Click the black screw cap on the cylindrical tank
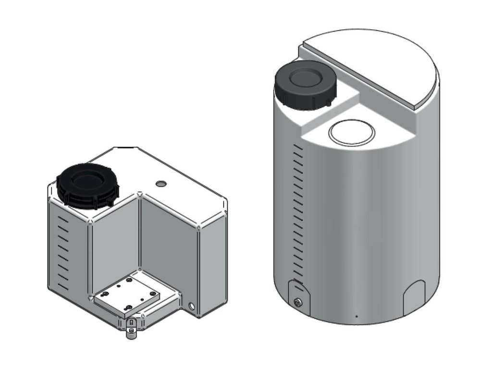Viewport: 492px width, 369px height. pyautogui.click(x=304, y=86)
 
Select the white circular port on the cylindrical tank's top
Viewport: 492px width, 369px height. pyautogui.click(x=351, y=132)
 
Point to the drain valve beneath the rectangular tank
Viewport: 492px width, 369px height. pyautogui.click(x=130, y=330)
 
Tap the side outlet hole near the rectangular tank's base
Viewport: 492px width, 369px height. pyautogui.click(x=192, y=306)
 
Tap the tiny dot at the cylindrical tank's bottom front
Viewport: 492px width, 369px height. pyautogui.click(x=356, y=317)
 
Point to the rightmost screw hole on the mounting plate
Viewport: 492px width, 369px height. pyautogui.click(x=152, y=294)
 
